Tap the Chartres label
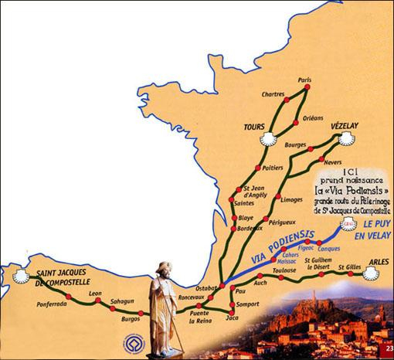coord(272,94)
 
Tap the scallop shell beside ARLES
coord(373,271)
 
